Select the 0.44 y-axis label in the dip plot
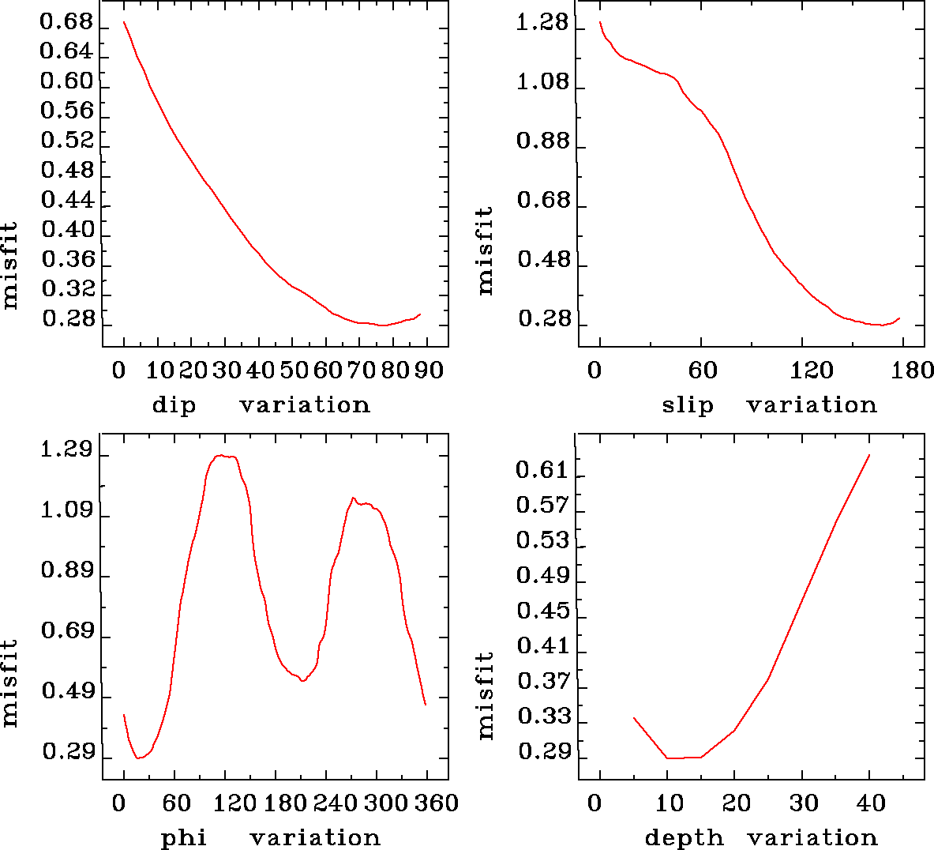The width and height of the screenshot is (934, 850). [66, 200]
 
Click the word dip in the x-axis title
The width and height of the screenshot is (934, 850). [174, 405]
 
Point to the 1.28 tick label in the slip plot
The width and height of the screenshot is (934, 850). [542, 22]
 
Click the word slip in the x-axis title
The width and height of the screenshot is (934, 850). [687, 405]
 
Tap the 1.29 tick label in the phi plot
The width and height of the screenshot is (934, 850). [66, 451]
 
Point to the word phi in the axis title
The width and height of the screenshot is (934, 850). [184, 837]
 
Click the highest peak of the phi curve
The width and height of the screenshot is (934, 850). [223, 455]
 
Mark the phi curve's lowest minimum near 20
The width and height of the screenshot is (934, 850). [139, 758]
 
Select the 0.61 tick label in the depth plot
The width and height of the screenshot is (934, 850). [542, 471]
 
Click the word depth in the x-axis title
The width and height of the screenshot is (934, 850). [684, 837]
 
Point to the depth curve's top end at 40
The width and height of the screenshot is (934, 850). [869, 455]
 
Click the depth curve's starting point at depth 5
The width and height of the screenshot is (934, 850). [633, 717]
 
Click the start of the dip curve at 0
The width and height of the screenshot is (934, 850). [124, 22]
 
